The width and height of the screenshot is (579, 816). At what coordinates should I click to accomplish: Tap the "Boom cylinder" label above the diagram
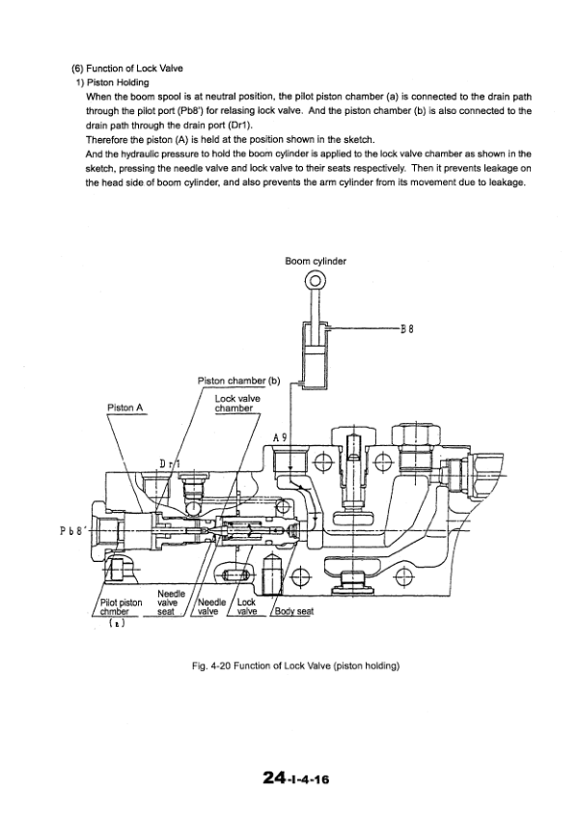pyautogui.click(x=316, y=261)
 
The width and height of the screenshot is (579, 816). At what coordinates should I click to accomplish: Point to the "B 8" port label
pyautogui.click(x=406, y=328)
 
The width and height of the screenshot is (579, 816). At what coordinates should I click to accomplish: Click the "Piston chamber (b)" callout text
pyautogui.click(x=237, y=380)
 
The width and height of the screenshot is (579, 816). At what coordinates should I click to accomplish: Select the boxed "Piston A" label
pyautogui.click(x=125, y=408)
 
